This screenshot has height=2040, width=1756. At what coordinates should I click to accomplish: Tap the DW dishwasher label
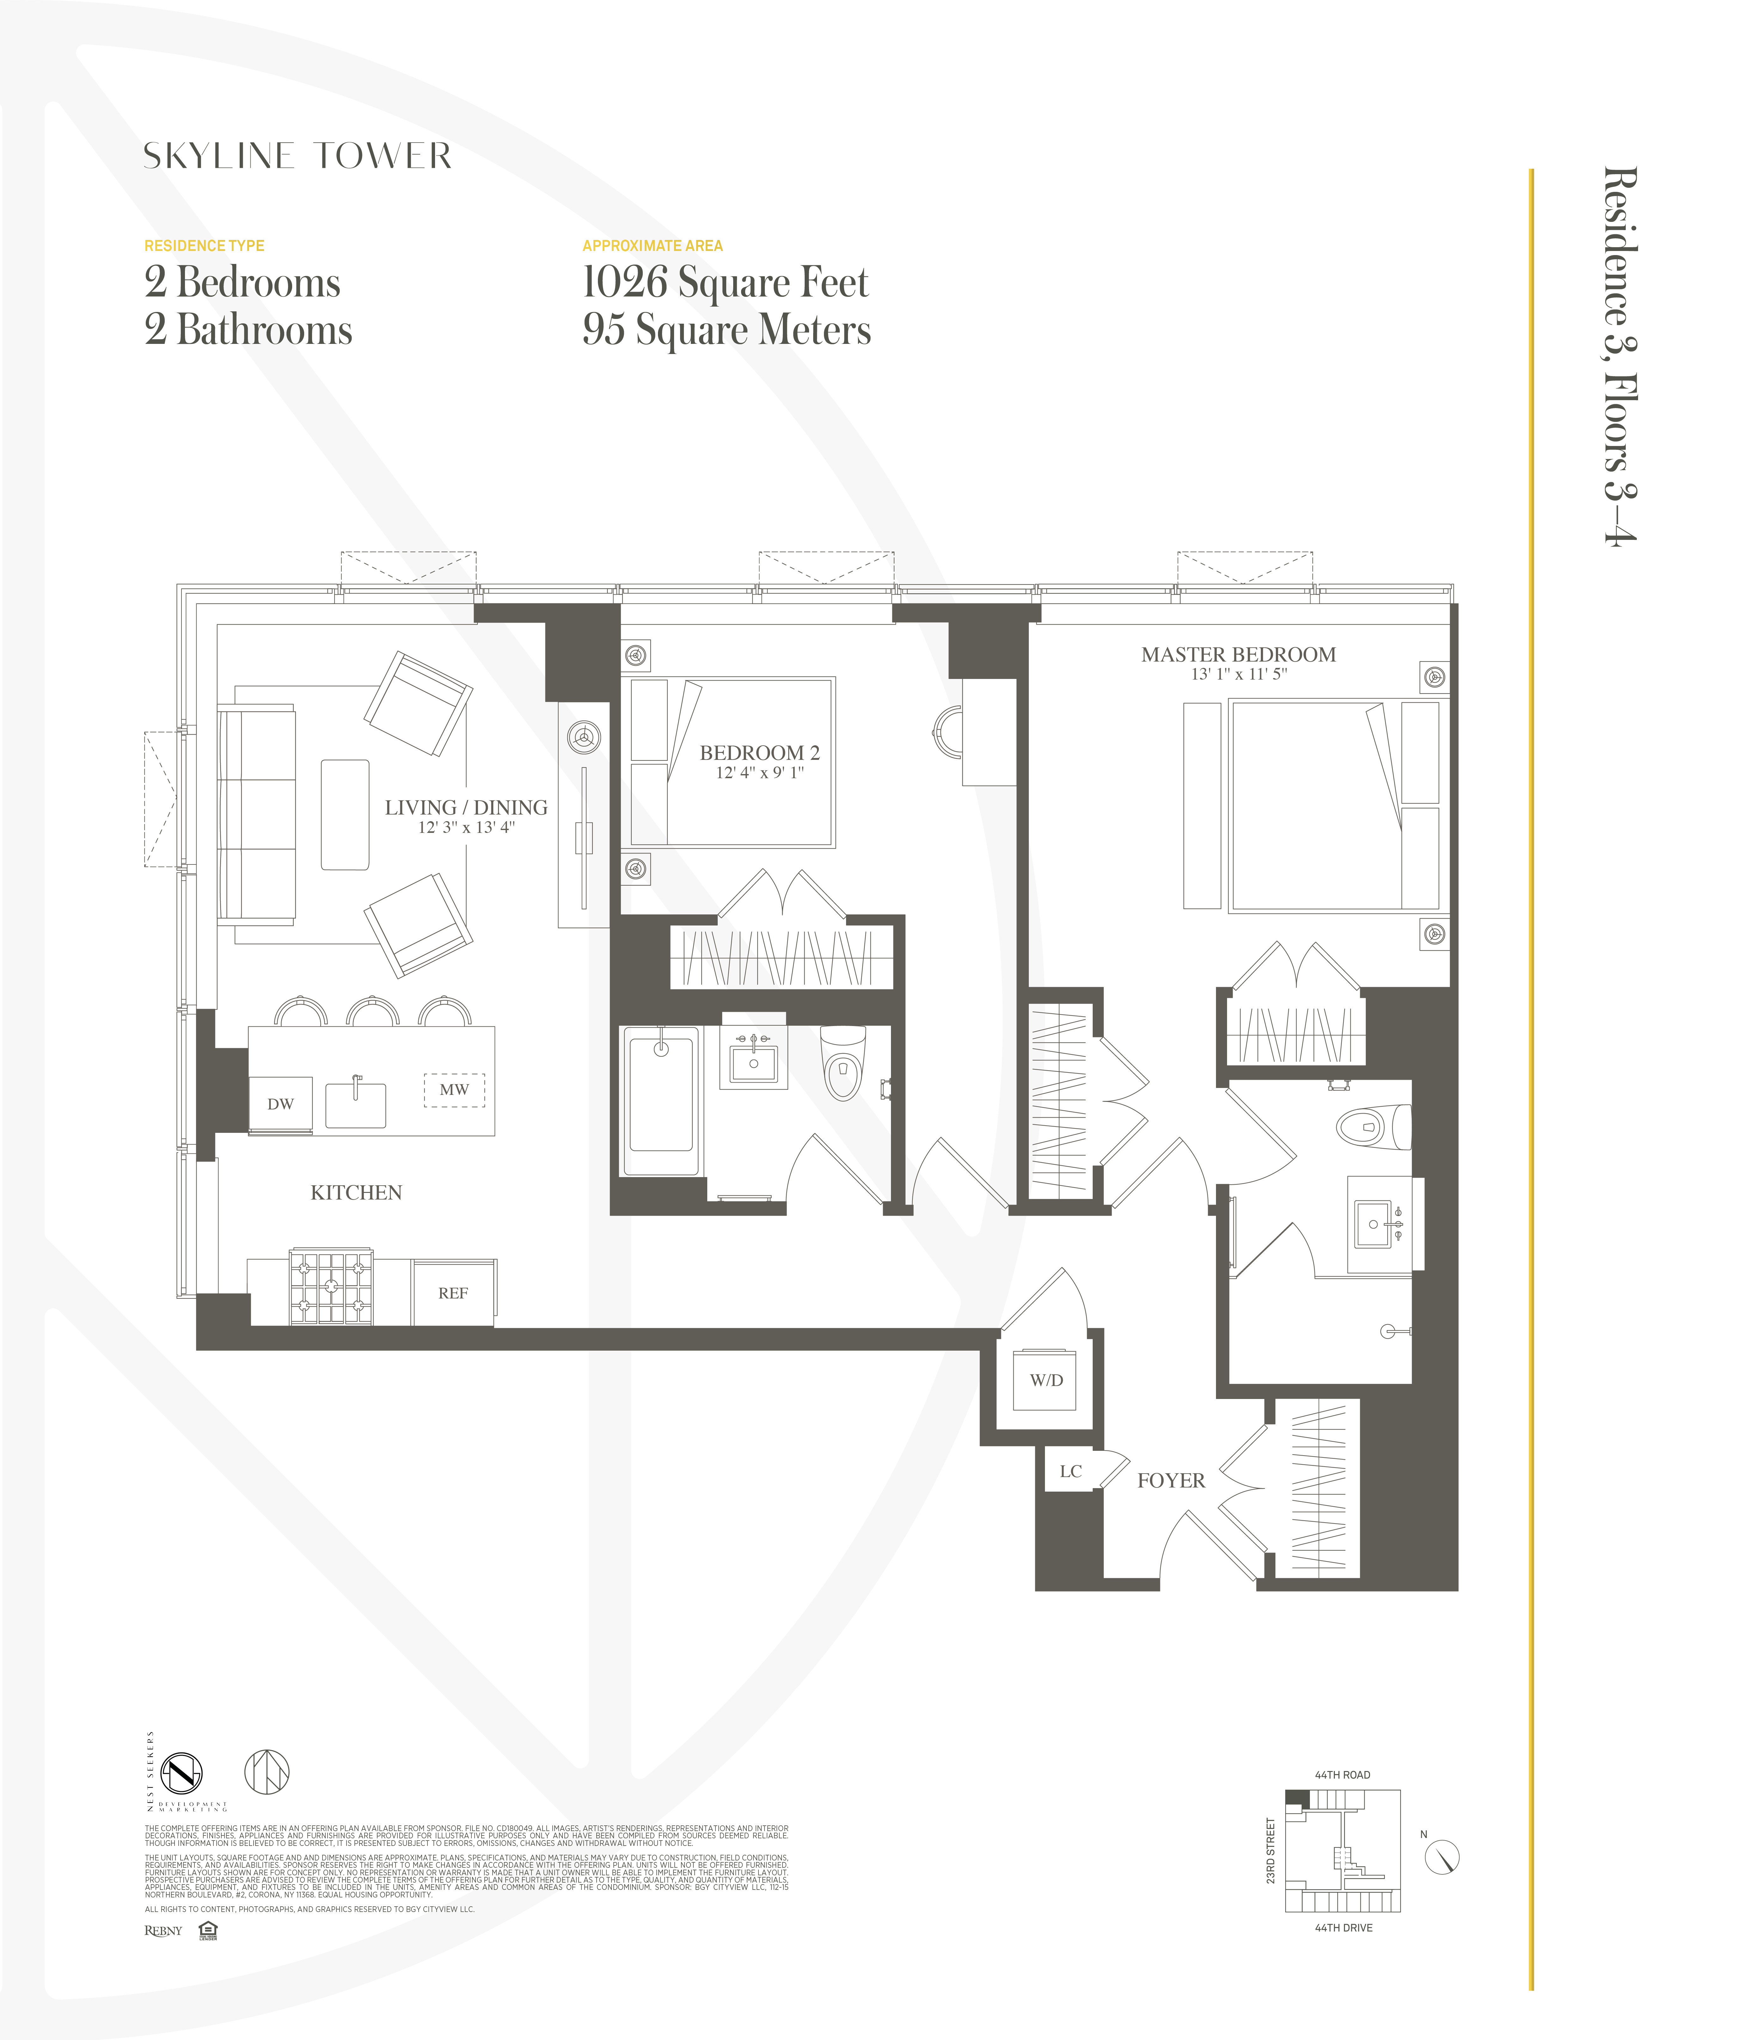coord(281,1104)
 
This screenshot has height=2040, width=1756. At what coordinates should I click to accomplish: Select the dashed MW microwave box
coord(454,1090)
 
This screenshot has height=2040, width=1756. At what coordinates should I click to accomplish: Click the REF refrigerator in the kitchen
coord(453,1293)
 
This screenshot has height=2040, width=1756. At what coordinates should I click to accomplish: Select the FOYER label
coord(1171,1481)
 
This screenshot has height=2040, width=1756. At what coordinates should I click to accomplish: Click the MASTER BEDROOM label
coord(1238,655)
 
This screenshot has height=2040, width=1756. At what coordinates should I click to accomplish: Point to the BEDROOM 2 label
coord(759,753)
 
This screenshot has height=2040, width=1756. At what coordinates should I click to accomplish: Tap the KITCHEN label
coord(357,1193)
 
